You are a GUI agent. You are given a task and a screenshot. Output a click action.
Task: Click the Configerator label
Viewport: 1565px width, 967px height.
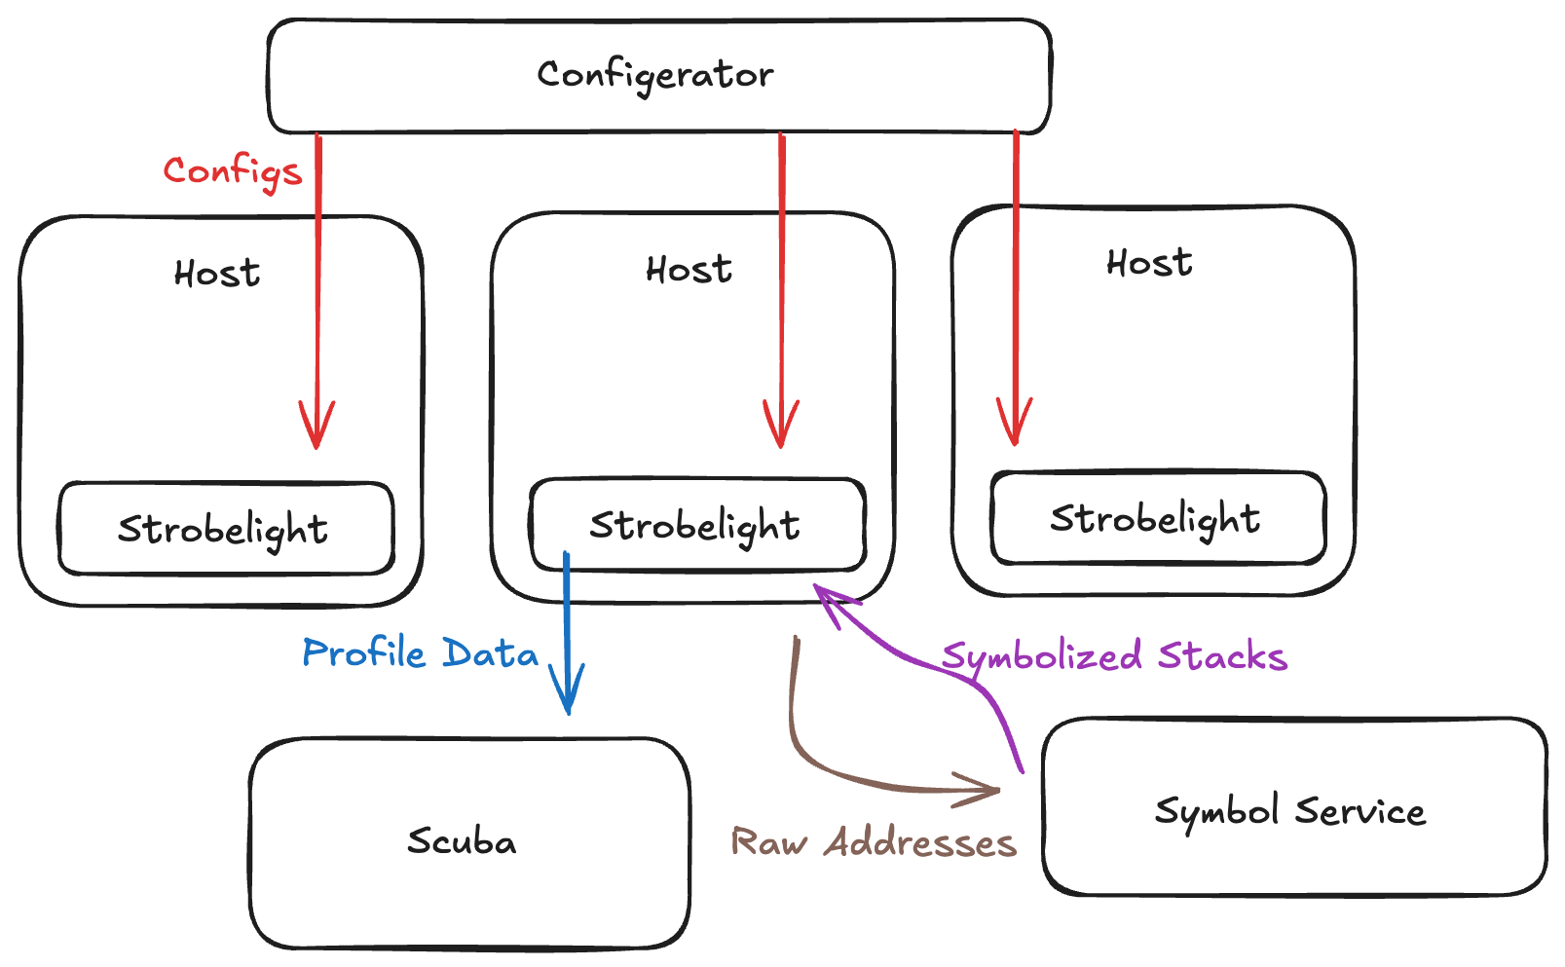(x=655, y=75)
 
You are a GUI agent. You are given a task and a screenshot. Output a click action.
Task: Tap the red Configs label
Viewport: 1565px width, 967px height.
(x=233, y=172)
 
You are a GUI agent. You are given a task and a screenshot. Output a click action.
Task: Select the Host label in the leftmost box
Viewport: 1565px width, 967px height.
(x=217, y=274)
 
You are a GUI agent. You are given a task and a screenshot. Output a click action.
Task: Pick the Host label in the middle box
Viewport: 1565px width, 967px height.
(x=689, y=270)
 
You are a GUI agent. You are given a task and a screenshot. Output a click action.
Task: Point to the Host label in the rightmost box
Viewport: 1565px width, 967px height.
(x=1149, y=263)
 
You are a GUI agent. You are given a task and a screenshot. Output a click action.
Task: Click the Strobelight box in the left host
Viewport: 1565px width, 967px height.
(x=225, y=529)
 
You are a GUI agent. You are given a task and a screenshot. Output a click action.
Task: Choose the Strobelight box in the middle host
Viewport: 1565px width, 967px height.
(x=696, y=525)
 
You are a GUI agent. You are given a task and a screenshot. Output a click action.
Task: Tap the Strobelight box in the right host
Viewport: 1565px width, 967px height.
(x=1157, y=518)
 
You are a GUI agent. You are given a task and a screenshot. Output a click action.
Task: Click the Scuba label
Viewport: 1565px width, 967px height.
(x=462, y=841)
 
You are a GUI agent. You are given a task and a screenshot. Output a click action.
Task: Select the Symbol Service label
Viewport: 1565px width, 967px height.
(x=1290, y=810)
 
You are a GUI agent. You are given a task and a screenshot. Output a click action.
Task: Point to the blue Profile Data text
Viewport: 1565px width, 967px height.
(x=420, y=652)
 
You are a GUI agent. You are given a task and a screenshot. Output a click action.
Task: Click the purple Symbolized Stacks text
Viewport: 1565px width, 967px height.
(x=1114, y=656)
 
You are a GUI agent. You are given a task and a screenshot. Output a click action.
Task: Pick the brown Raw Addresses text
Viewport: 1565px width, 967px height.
(x=874, y=842)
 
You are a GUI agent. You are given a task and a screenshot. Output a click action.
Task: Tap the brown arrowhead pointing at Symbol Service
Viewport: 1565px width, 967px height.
(x=984, y=790)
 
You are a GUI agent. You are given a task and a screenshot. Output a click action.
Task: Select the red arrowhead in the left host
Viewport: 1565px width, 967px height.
(x=317, y=428)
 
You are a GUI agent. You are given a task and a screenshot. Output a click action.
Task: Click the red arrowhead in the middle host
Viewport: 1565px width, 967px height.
(x=781, y=428)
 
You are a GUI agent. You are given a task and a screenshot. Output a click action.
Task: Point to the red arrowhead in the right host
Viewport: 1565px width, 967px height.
(x=1015, y=426)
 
